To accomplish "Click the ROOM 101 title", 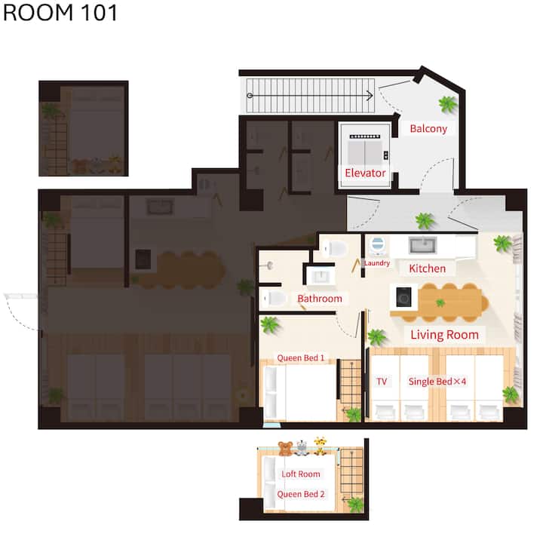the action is click(60, 12).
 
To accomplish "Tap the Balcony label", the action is click(428, 129).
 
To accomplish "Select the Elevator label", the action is click(365, 173).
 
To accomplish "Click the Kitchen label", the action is click(428, 268).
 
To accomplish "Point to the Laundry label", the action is click(377, 263).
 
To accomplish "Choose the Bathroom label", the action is click(320, 299).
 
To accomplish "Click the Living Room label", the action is click(445, 335).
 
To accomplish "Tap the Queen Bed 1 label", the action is click(301, 357).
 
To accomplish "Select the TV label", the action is click(382, 382).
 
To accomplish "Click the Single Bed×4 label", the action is click(437, 382).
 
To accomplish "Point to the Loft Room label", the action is click(301, 474).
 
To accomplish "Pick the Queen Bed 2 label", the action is click(301, 494).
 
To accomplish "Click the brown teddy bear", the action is click(285, 449).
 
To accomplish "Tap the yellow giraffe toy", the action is click(320, 446).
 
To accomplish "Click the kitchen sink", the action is click(423, 245).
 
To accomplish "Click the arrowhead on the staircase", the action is click(370, 96).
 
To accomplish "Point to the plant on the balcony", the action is click(447, 104).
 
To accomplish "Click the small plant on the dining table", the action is click(440, 303).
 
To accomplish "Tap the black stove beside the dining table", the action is click(403, 297).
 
